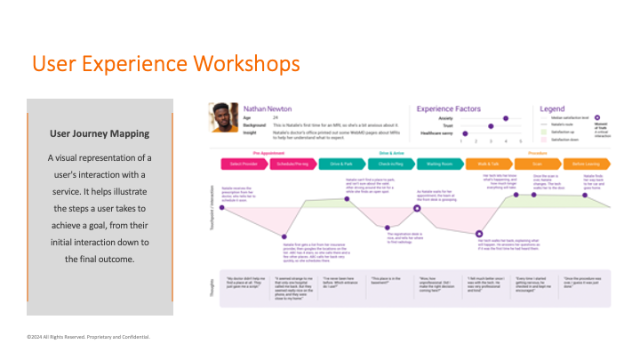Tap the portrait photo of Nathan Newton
224,118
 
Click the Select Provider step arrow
242,164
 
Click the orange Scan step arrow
538,164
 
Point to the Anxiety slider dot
506,117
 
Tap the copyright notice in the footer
88,338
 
